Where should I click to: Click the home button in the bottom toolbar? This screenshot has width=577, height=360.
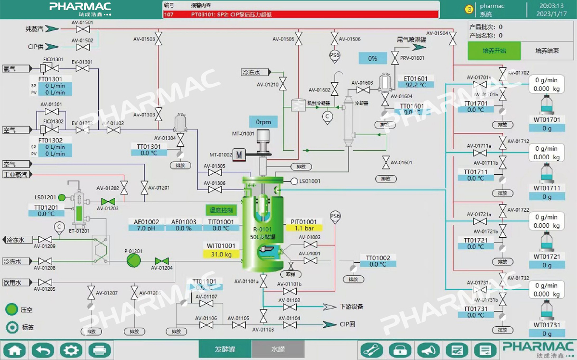point(14,350)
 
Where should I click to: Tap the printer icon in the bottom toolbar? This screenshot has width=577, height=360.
point(100,350)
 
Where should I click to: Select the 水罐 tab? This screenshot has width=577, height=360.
point(278,349)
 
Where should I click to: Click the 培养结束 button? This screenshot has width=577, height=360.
point(547,51)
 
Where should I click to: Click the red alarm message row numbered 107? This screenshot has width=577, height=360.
point(301,14)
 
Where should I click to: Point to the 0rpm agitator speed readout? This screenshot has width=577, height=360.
point(263,122)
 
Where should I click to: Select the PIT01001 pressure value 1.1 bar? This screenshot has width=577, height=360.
point(304,228)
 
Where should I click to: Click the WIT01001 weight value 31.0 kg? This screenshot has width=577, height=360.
point(221,254)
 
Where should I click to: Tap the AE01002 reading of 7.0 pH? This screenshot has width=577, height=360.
point(146,228)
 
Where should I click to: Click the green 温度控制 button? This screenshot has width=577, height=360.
point(221,210)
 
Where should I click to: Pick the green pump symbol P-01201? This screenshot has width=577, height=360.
point(134,261)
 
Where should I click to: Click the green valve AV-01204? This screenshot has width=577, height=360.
point(162,261)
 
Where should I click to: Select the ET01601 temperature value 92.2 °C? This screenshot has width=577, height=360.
point(416,85)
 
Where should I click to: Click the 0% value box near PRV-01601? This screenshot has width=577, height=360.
point(373,58)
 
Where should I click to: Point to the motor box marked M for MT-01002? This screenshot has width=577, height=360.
point(239,155)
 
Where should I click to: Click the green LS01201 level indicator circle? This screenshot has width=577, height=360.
point(62,197)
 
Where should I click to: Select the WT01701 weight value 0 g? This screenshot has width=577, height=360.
point(547,128)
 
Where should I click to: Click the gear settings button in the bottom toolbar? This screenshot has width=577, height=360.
point(71,350)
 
